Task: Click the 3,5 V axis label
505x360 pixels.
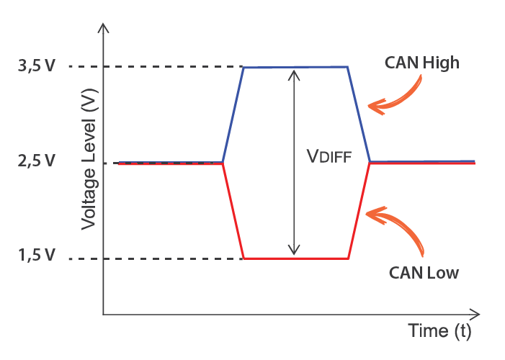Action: [35, 67]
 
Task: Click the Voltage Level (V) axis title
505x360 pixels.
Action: [89, 161]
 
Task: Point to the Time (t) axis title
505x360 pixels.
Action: [439, 332]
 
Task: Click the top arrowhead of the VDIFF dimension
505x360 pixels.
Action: [293, 73]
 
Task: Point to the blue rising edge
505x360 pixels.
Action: [233, 115]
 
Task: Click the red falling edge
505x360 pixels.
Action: [233, 210]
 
